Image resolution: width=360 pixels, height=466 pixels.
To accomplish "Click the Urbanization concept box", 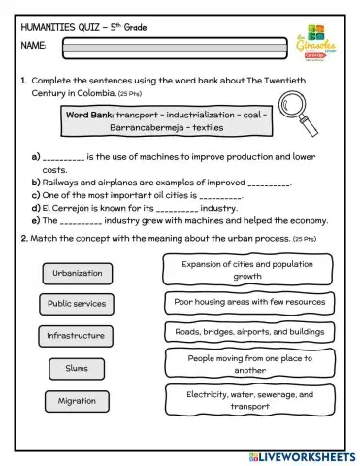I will point(78,274).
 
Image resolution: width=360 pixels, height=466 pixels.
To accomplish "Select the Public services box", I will point(77,304).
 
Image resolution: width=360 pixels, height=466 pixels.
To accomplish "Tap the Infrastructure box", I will point(77,335).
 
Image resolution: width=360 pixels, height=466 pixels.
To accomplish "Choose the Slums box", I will point(77,368).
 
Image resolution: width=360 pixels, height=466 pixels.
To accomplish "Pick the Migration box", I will point(77,400).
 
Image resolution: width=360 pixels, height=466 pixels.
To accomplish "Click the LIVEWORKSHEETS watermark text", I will point(305,456).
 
